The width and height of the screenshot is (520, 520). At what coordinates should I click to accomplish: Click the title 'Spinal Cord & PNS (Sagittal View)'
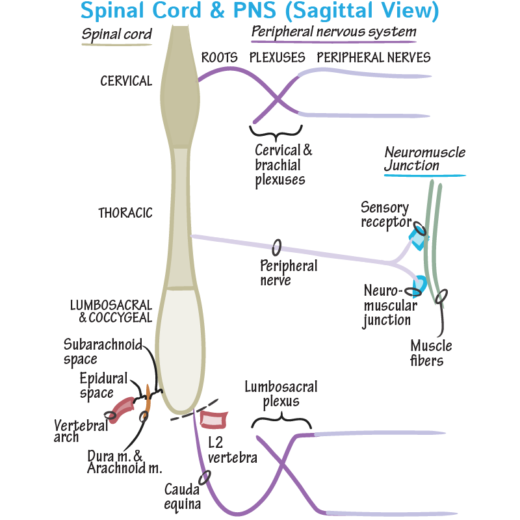click(x=260, y=11)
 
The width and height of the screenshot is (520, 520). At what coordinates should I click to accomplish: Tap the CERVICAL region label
click(x=126, y=81)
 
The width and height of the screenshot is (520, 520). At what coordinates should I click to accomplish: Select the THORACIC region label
click(x=125, y=213)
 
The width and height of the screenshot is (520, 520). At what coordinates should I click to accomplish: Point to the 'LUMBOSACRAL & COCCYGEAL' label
click(x=111, y=311)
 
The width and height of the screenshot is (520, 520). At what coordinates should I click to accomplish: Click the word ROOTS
click(x=219, y=58)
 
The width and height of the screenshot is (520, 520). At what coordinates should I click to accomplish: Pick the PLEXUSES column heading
click(x=278, y=58)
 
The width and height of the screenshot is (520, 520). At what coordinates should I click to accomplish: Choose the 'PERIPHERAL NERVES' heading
click(x=374, y=58)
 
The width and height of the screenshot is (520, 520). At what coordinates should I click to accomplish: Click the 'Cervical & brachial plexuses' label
click(x=283, y=164)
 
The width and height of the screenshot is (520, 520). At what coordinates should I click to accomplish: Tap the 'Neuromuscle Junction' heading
click(x=424, y=159)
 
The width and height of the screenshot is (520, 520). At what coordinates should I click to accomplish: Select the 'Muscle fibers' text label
click(x=431, y=353)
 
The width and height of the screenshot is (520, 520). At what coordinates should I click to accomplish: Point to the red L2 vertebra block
click(x=213, y=420)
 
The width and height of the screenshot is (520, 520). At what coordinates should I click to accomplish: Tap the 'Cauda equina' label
click(x=183, y=496)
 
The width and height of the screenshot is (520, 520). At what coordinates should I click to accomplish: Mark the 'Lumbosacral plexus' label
click(x=281, y=394)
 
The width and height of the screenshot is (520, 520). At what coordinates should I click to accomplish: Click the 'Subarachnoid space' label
click(x=103, y=351)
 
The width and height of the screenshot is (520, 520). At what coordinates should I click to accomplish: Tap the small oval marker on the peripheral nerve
click(x=277, y=248)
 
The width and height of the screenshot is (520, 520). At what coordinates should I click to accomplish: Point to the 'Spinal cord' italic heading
click(x=116, y=34)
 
